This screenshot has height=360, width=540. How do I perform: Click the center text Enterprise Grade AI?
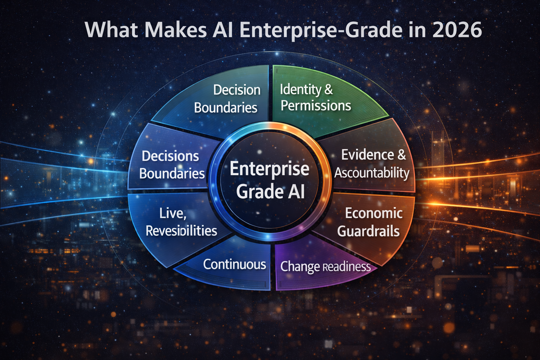point(270,180)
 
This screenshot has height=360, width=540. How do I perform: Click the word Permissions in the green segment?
point(316,106)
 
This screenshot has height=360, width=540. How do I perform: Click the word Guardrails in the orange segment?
point(368,231)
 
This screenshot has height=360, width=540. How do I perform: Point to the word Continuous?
point(234,264)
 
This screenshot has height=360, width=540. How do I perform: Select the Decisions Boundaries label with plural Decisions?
point(172,165)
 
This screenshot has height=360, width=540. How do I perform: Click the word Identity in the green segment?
point(300,90)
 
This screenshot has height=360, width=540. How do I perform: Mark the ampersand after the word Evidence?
point(401,155)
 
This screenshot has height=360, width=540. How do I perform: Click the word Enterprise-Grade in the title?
point(320,30)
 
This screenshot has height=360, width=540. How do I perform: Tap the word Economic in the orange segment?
point(374,213)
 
